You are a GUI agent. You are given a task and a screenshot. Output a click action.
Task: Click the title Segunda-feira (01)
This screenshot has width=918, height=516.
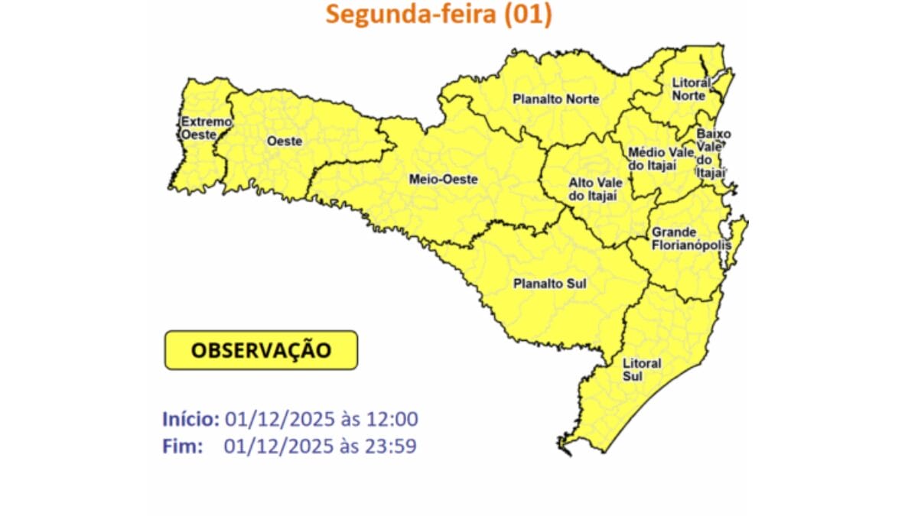(438, 15)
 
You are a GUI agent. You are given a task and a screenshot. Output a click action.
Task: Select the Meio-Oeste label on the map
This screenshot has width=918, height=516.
(444, 180)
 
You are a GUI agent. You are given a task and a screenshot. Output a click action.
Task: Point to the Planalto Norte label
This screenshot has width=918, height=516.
(555, 99)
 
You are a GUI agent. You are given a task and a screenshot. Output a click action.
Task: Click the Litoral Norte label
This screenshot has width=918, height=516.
(691, 89)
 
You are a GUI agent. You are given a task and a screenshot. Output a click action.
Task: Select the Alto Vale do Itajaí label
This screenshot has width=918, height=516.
(595, 190)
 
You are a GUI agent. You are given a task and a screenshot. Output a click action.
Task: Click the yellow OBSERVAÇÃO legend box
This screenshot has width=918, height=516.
(261, 350)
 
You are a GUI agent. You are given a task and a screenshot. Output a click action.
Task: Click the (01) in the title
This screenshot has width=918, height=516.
(528, 15)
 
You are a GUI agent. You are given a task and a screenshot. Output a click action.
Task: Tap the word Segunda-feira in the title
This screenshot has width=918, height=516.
(412, 15)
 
